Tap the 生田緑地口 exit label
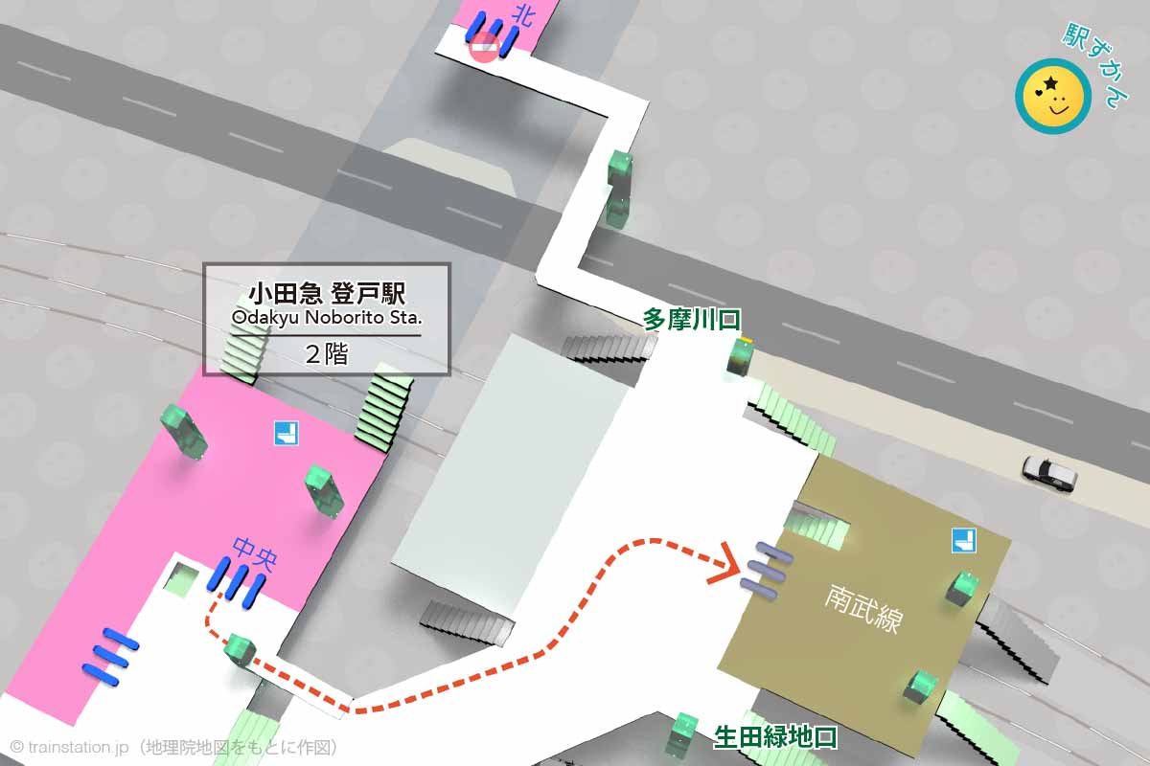[775, 737]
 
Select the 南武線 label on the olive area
[862, 609]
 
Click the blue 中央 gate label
[254, 552]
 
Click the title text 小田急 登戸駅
[326, 291]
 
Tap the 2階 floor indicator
[326, 352]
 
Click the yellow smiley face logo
[1053, 96]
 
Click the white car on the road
[1048, 471]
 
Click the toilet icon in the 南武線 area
[964, 540]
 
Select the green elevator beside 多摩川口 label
[740, 356]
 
